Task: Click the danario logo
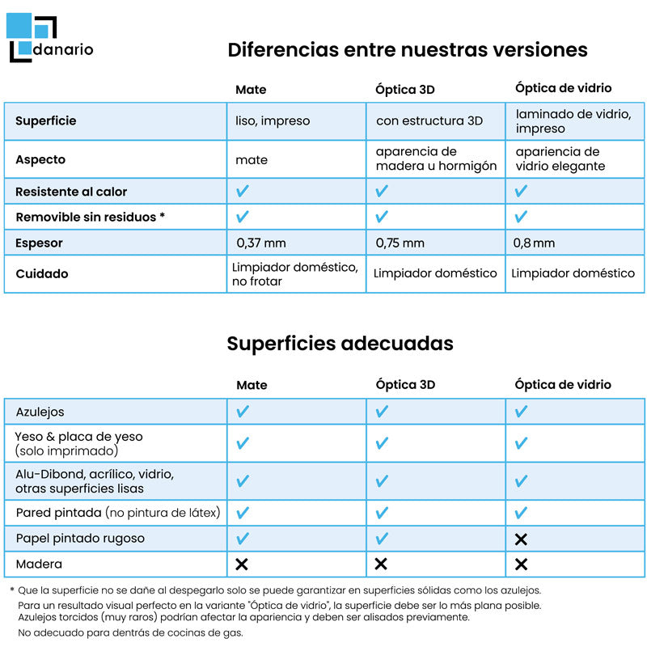[x=50, y=38]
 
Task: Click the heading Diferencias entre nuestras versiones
[x=407, y=50]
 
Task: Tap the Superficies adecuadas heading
[x=340, y=343]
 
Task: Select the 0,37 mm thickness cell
[x=261, y=243]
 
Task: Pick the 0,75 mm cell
[x=400, y=243]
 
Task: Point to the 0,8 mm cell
[x=535, y=243]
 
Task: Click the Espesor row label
[x=39, y=243]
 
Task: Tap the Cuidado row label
[x=42, y=273]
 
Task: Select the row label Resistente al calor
[x=71, y=192]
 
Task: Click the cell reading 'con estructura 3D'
[x=429, y=121]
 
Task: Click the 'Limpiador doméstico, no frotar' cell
[x=295, y=273]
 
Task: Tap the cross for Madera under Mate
[x=242, y=564]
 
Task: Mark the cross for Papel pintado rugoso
[x=521, y=539]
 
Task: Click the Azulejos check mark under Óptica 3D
[x=382, y=412]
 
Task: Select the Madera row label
[x=39, y=564]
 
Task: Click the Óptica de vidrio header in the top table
[x=563, y=88]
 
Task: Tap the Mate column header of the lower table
[x=252, y=385]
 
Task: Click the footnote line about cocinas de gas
[x=129, y=632]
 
